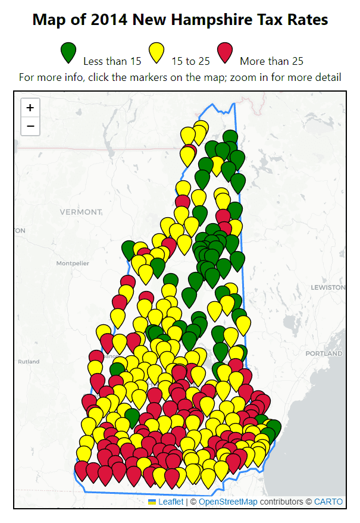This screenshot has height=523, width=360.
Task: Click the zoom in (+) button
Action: [x=30, y=108]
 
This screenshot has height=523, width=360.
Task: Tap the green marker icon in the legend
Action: [x=69, y=52]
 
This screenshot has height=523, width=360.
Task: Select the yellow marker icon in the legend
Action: [x=156, y=52]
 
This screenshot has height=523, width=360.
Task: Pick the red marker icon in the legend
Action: [x=225, y=52]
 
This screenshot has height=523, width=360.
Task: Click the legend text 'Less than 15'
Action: [x=112, y=61]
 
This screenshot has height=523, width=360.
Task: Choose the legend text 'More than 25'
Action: [x=272, y=61]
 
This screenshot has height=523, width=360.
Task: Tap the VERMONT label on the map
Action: [x=81, y=212]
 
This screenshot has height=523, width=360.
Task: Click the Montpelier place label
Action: [x=72, y=263]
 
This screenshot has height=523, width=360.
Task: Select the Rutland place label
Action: [x=29, y=361]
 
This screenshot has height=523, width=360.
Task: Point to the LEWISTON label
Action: [x=328, y=287]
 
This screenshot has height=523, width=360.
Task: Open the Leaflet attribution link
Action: [x=171, y=502]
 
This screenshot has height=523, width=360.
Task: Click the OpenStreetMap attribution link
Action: [x=228, y=502]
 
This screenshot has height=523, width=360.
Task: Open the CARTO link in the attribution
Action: [x=328, y=502]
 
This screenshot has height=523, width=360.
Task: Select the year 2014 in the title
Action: [x=109, y=20]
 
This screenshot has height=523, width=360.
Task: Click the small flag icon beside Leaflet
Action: [x=152, y=502]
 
